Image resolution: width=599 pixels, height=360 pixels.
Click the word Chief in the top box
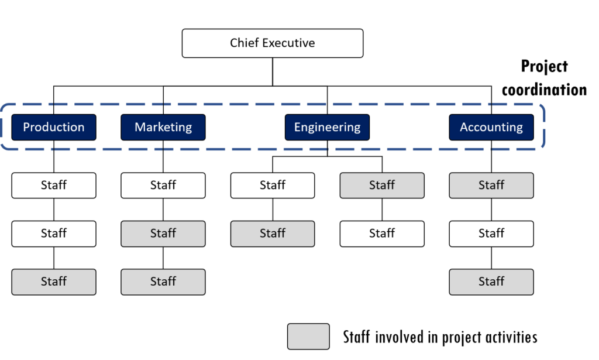(x=243, y=43)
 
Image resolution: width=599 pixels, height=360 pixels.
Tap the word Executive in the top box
(x=288, y=43)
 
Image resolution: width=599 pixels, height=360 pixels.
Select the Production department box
(x=54, y=127)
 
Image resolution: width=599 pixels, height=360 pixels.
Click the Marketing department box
(x=163, y=127)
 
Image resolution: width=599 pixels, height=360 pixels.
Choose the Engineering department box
(x=327, y=127)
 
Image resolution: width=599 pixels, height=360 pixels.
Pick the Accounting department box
(x=491, y=127)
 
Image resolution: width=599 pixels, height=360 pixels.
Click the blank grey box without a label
(x=308, y=337)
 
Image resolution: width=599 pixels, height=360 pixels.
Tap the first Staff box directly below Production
(x=54, y=185)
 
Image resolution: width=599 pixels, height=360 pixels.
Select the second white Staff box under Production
(x=54, y=234)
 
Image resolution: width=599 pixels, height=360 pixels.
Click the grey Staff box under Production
(x=54, y=282)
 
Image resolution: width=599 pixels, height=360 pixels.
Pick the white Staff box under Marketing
(x=163, y=185)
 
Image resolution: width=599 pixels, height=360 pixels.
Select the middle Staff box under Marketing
(x=163, y=234)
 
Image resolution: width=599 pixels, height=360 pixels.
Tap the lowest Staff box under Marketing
(x=163, y=282)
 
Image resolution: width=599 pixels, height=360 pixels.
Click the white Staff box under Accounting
(x=491, y=234)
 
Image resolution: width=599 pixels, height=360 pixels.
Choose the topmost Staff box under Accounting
(x=491, y=185)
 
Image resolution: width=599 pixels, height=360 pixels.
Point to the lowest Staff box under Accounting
(x=491, y=282)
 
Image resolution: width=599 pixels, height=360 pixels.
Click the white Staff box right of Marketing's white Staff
(x=273, y=185)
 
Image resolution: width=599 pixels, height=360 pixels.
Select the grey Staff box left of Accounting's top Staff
(x=382, y=185)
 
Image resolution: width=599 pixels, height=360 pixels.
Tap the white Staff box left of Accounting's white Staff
(x=382, y=234)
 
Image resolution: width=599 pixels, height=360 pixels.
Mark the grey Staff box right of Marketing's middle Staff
(x=273, y=234)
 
